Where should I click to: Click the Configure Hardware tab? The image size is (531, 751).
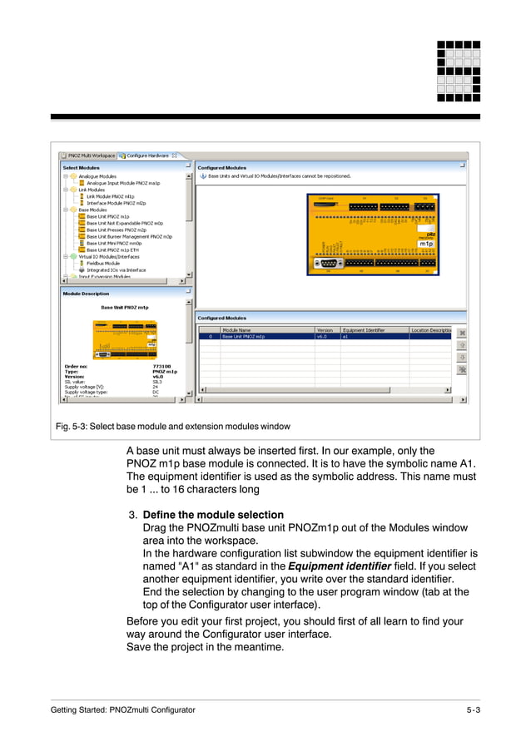(x=147, y=155)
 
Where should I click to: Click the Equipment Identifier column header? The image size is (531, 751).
(x=364, y=330)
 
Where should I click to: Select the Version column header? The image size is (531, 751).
(x=325, y=330)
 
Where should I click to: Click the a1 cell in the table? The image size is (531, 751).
(x=346, y=337)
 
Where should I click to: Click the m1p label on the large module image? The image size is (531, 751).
(x=426, y=244)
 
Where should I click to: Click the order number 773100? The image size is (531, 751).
(x=161, y=365)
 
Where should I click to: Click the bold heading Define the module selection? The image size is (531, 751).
(x=213, y=515)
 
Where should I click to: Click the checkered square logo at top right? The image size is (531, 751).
(x=458, y=71)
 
